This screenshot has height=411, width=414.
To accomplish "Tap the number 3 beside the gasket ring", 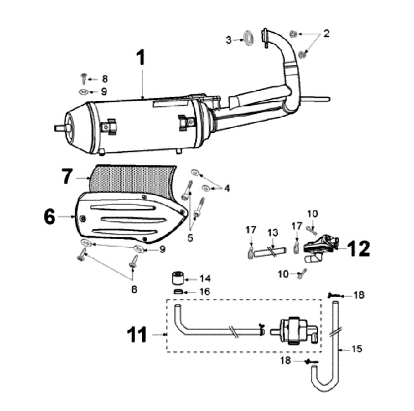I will click(x=229, y=40).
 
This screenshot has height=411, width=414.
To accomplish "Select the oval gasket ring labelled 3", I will click(x=248, y=38).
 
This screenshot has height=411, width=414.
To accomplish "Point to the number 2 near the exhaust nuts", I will click(x=326, y=33).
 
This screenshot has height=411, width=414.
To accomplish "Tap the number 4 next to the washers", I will click(x=227, y=188).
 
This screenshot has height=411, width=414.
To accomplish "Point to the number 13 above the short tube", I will click(x=273, y=232).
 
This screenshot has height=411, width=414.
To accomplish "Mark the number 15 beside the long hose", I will click(x=358, y=349).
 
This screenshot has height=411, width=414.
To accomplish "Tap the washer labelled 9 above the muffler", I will click(x=83, y=91).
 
